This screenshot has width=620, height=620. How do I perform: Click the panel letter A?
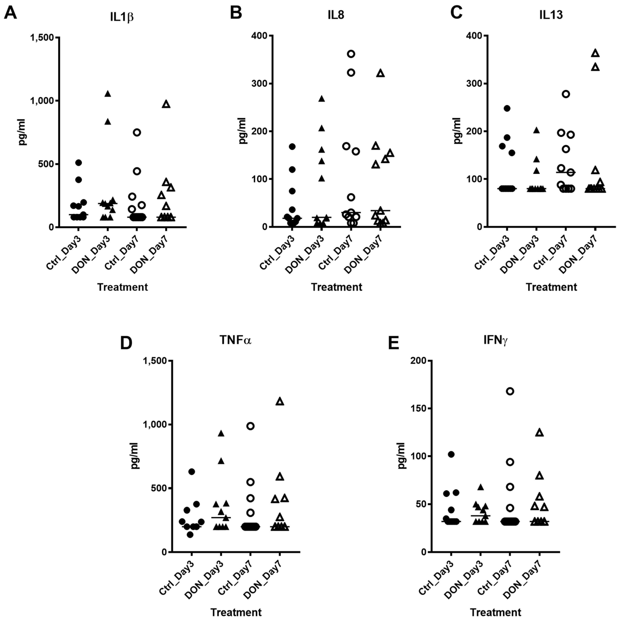(x=10, y=13)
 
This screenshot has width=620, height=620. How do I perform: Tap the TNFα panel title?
(x=235, y=340)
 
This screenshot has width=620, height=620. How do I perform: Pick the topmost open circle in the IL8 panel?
(x=351, y=54)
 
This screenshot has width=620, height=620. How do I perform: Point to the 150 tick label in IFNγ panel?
(x=418, y=409)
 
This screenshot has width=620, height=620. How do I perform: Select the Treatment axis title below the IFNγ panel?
(x=495, y=612)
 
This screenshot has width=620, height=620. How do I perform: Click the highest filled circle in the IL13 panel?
(x=507, y=109)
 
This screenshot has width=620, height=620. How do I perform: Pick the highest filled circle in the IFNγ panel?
(x=451, y=454)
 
